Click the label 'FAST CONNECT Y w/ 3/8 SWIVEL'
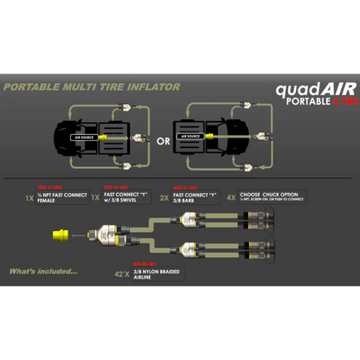(x=125, y=198)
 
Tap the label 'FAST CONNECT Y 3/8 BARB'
(x=196, y=198)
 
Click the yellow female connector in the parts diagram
(x=63, y=233)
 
